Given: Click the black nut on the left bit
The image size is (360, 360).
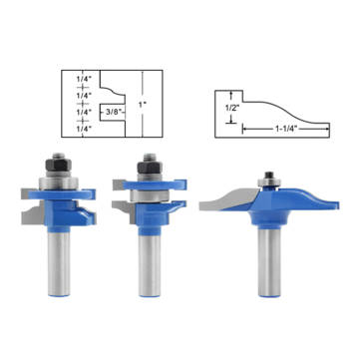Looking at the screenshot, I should pyautogui.click(x=56, y=160).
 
